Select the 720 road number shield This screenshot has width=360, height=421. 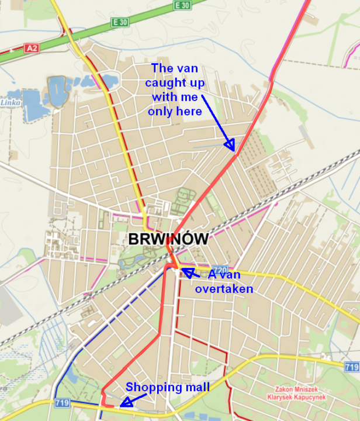pyautogui.click(x=219, y=270)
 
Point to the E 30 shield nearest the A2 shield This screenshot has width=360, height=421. pyautogui.click(x=120, y=22)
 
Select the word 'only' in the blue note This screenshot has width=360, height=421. pyautogui.click(x=160, y=111)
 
